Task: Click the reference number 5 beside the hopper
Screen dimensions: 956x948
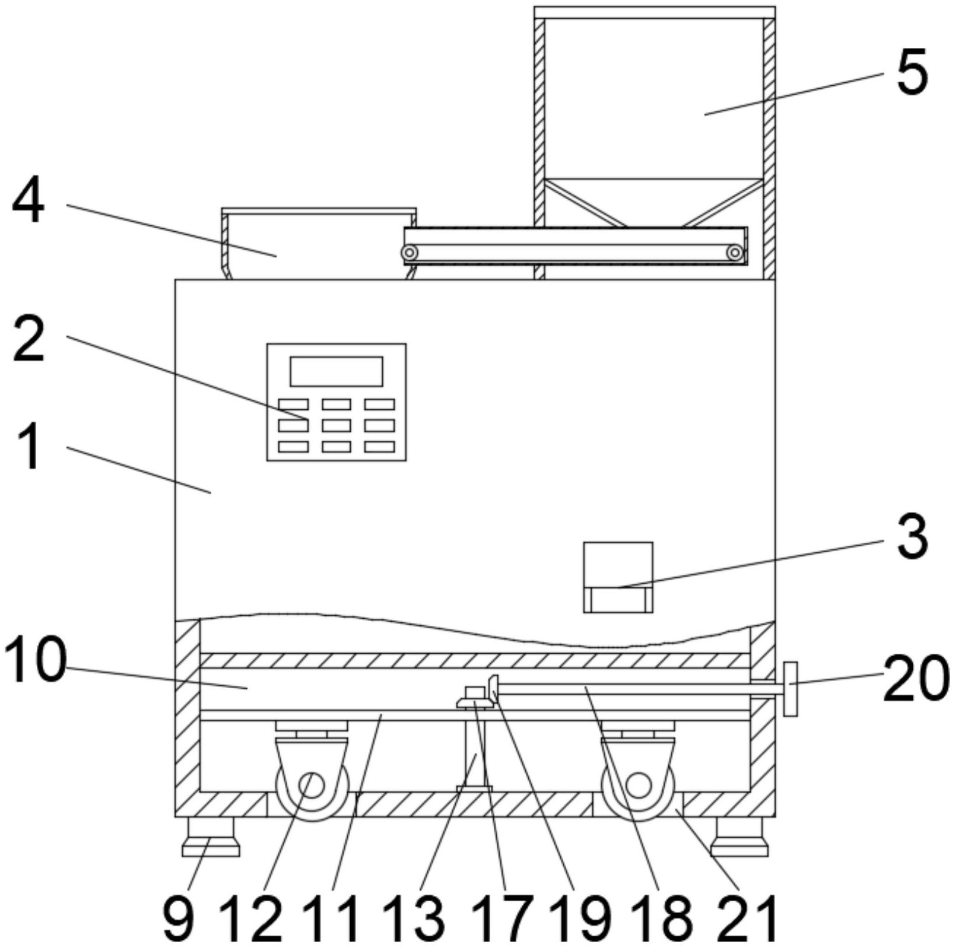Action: click(912, 74)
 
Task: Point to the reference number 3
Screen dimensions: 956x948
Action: click(912, 536)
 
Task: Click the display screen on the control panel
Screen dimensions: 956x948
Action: click(336, 371)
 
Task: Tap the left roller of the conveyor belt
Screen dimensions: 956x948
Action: click(410, 253)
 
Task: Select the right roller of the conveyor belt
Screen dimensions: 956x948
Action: click(735, 253)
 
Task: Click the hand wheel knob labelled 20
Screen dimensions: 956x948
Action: click(790, 689)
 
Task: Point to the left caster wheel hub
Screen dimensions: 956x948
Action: click(312, 786)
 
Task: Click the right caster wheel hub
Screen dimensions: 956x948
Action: click(638, 786)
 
